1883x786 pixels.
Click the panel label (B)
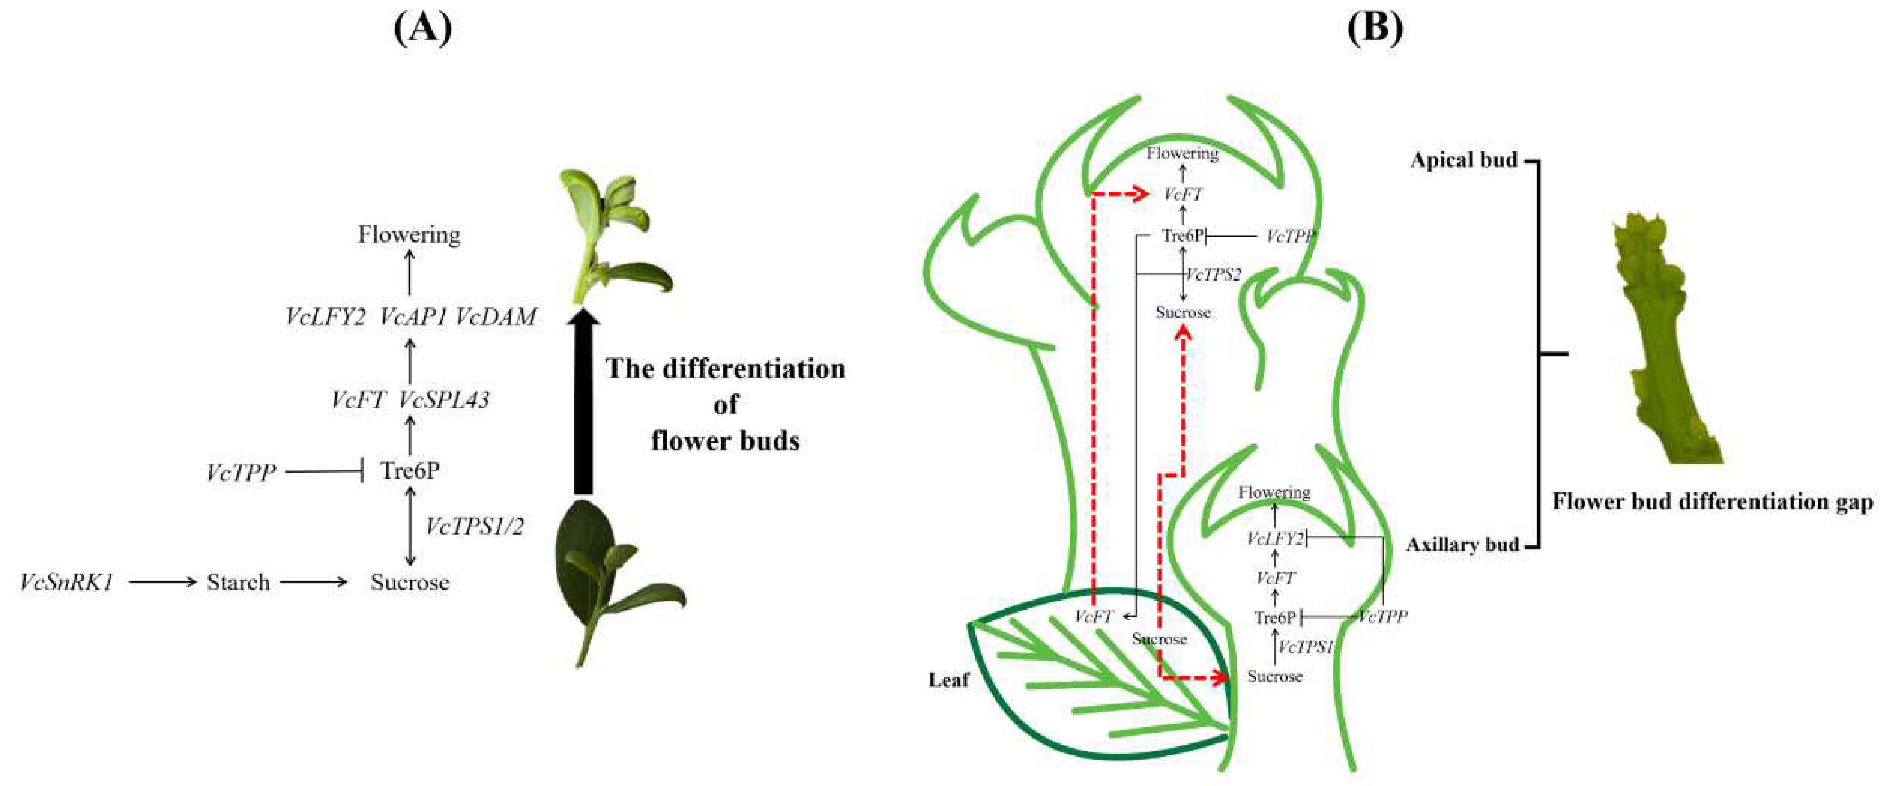click(1374, 30)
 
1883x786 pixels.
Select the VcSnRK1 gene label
click(67, 583)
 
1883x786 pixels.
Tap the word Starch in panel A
click(238, 583)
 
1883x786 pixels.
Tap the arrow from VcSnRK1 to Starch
click(162, 583)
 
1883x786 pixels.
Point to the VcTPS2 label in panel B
click(1213, 275)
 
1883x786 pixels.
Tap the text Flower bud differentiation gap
click(1712, 502)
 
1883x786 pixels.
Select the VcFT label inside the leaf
click(1093, 616)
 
